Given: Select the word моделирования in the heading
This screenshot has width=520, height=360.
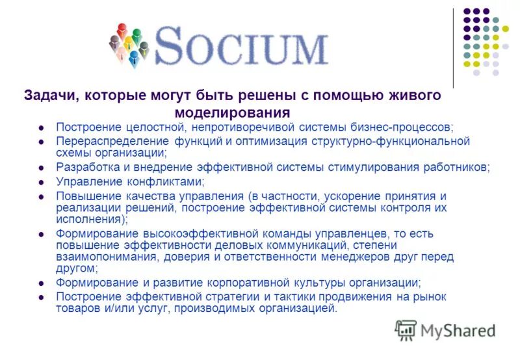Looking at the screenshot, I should (233, 111).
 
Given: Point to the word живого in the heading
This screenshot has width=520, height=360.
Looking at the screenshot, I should (417, 95).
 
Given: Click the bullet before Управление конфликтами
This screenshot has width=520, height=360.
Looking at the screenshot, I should (41, 182).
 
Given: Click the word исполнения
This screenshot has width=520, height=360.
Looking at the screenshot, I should (84, 220).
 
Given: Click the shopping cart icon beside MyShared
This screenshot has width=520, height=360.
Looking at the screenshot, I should (406, 331).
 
